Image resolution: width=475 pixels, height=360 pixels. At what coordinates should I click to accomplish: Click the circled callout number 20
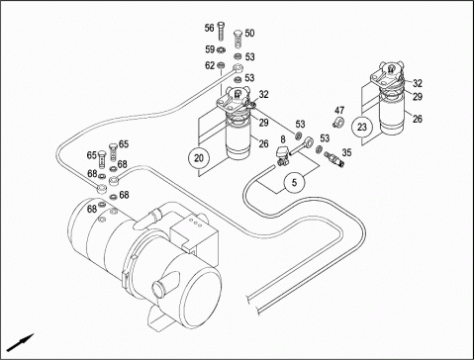(199, 158)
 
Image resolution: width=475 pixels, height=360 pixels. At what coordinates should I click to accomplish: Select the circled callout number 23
(362, 127)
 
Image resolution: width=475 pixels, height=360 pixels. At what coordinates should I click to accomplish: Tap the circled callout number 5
(295, 182)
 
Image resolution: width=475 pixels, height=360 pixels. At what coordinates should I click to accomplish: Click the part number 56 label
(209, 28)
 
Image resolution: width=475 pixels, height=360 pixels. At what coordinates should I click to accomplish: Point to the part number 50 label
(249, 34)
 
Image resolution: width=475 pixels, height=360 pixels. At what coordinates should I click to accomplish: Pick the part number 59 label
(210, 49)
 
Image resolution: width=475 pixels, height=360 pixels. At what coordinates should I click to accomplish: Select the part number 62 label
(210, 65)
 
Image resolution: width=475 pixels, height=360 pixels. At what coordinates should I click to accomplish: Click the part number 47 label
(339, 110)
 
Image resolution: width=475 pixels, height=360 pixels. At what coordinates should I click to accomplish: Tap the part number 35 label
(346, 152)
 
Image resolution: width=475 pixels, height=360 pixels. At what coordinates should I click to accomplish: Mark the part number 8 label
(283, 139)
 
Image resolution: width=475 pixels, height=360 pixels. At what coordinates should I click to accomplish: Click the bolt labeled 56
(221, 31)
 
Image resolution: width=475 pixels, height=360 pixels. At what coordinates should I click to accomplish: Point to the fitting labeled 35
(334, 158)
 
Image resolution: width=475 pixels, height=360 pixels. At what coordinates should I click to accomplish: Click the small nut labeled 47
(338, 122)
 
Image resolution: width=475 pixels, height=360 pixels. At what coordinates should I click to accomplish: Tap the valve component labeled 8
(283, 156)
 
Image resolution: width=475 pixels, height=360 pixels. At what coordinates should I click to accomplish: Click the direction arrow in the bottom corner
(21, 343)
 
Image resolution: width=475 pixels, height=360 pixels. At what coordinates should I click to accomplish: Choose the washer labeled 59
(222, 50)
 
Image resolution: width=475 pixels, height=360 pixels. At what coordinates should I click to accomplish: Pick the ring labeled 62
(222, 65)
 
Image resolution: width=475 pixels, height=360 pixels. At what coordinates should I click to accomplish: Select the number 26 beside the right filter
(418, 119)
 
